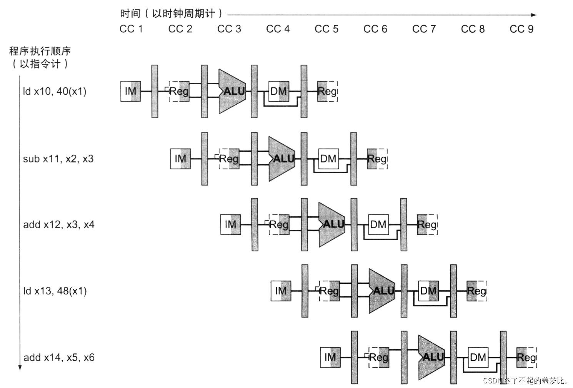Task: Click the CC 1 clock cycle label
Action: tap(131, 29)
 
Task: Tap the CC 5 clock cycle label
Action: tap(326, 29)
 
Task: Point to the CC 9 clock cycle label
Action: tap(521, 29)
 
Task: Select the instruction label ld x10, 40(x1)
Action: tap(55, 91)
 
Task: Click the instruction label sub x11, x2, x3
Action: tap(58, 159)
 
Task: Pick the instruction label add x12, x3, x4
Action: tap(58, 224)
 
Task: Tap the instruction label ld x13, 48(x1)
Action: tap(55, 291)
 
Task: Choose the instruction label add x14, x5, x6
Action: tap(59, 357)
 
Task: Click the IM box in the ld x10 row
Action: tap(131, 91)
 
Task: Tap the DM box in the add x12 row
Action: tap(378, 224)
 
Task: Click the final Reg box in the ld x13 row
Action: tap(477, 291)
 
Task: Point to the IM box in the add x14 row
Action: tap(330, 357)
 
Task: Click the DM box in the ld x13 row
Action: tap(428, 291)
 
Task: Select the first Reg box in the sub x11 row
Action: tap(229, 159)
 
